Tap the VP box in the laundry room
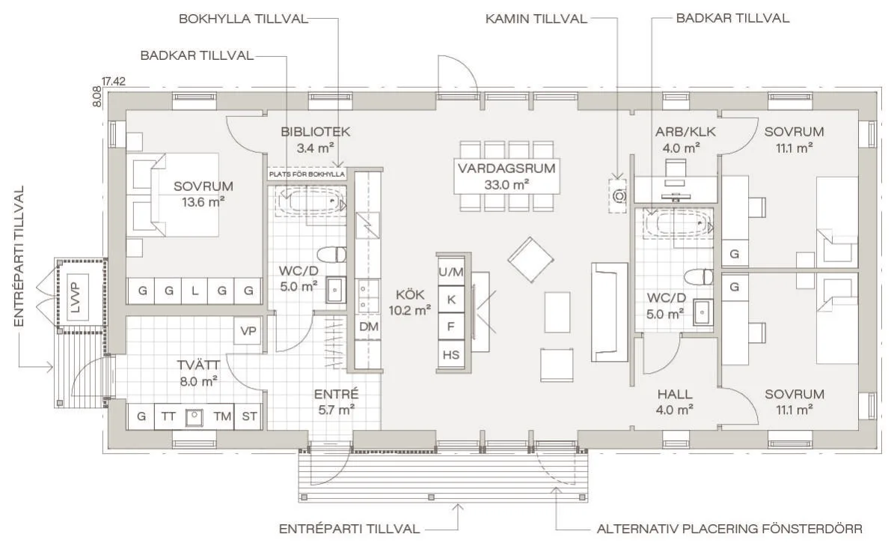coord(248,331)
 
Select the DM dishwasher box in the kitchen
coord(369,327)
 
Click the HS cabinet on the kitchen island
coord(451,355)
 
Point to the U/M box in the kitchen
coord(451,273)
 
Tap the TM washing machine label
coord(221,416)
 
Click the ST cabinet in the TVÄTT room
coord(249,416)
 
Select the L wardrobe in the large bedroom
coord(195,291)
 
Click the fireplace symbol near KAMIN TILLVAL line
coord(619,196)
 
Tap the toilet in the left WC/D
coord(331,254)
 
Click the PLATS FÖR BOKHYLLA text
coord(307,174)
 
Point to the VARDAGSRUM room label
coord(506,169)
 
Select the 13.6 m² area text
coord(203,201)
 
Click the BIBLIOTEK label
coord(315,132)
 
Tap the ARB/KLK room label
coord(685,132)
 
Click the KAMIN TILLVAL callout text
coord(536,19)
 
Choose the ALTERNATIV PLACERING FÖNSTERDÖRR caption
coord(729,530)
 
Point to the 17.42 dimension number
coord(114,82)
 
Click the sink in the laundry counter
coord(194,417)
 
